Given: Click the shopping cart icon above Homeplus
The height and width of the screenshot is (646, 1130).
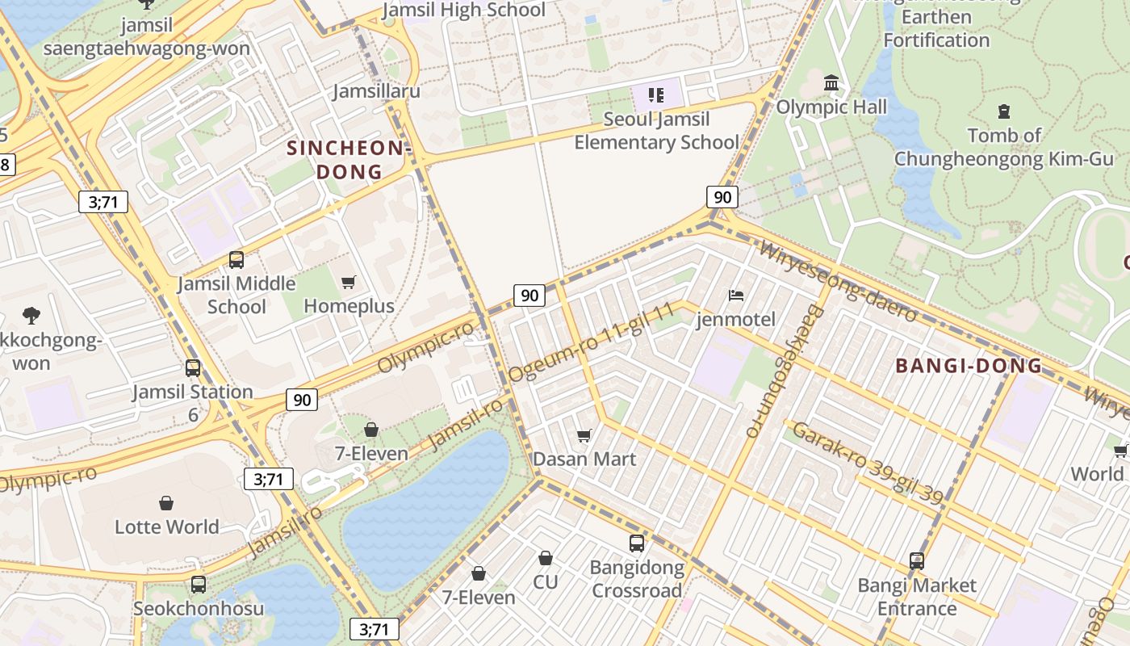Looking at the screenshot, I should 349,282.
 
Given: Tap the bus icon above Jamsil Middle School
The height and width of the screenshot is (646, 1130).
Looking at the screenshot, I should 236,260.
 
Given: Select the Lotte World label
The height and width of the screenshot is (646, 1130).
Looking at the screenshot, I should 166,526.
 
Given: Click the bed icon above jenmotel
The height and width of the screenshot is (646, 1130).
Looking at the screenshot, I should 736,296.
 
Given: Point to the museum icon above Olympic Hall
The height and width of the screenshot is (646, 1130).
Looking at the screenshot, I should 831,82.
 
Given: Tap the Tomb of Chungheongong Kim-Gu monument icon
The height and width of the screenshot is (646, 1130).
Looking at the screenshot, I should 1004,111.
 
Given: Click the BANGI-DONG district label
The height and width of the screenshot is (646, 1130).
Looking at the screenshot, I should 969,366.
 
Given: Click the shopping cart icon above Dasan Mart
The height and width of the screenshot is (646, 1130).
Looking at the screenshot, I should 584,435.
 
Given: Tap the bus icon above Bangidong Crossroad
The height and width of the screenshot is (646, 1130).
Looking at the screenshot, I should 637,543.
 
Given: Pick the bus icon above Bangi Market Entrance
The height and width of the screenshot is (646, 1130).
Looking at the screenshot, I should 917,561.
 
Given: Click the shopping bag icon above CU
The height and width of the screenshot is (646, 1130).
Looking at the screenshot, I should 546,558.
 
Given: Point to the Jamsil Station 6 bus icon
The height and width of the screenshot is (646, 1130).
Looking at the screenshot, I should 193,368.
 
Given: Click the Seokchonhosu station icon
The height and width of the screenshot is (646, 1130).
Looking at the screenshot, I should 199,585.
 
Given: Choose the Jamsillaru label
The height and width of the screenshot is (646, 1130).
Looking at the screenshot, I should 377,90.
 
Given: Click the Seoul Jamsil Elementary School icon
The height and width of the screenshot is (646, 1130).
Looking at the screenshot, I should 656,96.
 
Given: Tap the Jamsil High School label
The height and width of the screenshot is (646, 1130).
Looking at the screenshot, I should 463,10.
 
